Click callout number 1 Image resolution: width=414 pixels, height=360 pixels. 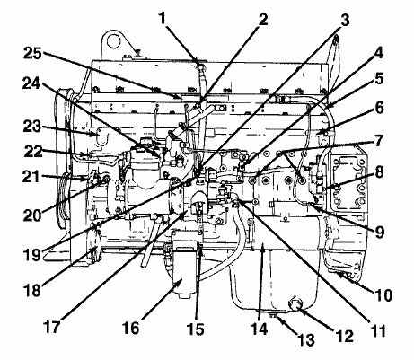point(162,19)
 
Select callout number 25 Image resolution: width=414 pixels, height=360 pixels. point(33,53)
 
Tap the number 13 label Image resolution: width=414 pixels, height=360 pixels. point(305,340)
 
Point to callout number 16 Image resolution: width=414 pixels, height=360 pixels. point(130,328)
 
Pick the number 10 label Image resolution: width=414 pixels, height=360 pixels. point(383,295)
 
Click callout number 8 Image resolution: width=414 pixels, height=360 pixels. point(379,173)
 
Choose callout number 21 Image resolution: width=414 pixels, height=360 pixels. point(31,177)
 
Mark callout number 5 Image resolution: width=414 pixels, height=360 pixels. point(379,79)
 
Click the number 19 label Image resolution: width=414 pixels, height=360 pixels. point(31,255)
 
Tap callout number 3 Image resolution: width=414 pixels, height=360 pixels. point(345,20)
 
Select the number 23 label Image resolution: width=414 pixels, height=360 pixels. point(32,127)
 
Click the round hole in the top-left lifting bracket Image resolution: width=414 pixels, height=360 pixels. point(113,40)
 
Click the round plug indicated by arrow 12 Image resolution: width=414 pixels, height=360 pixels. point(295,303)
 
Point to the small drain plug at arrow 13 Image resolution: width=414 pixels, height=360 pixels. point(273,314)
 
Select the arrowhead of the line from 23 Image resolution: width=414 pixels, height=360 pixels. point(95,134)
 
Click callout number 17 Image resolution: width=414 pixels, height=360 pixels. point(51,327)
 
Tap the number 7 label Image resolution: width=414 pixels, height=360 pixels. point(378,141)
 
